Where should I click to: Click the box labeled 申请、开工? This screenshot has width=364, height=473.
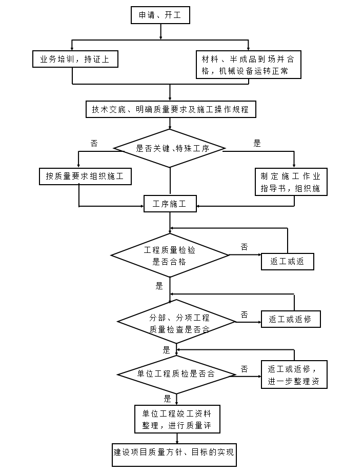pos(160,15)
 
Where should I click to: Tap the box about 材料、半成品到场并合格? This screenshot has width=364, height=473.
pos(248,65)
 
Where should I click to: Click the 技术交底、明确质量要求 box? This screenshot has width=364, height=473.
pos(170,109)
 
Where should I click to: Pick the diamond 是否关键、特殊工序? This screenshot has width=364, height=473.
pos(170,148)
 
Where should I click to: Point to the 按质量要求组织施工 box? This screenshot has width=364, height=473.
pos(85,176)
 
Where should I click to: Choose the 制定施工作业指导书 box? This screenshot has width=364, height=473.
pos(291,182)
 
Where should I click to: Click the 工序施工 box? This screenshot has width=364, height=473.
pos(170,204)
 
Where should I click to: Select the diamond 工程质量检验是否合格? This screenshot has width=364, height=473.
pos(170,255)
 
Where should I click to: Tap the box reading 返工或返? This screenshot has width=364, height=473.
pos(287,261)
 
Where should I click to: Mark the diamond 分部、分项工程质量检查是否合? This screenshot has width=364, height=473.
pos(176,323)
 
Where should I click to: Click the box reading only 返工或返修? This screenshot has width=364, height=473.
pos(291,319)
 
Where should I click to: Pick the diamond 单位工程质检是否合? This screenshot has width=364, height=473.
pos(176,374)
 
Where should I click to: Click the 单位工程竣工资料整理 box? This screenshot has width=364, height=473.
pos(177,419)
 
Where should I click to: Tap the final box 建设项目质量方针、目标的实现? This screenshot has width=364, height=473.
pos(174,453)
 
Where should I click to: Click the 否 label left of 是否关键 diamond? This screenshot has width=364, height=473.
pos(94,144)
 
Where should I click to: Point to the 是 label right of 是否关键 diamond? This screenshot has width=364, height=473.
pos(257,144)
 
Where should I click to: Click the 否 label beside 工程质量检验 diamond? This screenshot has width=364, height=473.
pos(245,247)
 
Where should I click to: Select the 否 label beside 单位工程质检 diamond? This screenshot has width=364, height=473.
pos(245,369)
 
